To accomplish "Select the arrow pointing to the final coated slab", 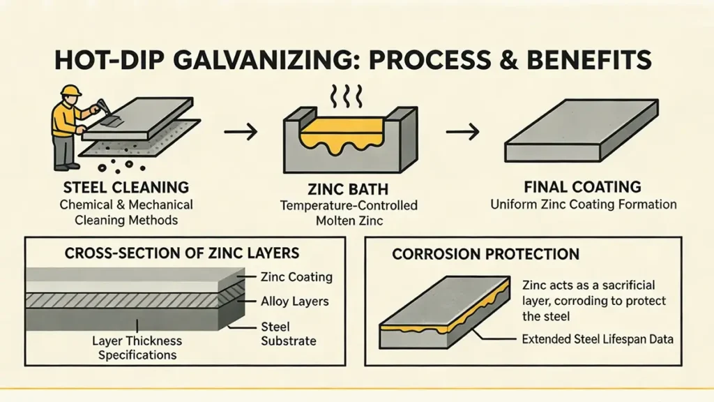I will pos(462,131).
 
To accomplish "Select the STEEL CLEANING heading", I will pos(126,188).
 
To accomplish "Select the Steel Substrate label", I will pos(288,334).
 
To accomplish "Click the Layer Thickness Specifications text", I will pos(137,348).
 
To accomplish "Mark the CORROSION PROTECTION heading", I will pos(486,255).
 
